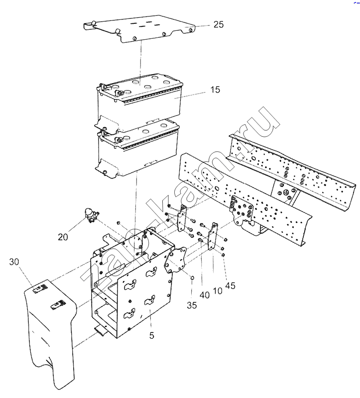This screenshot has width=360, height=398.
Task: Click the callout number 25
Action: coord(218,24)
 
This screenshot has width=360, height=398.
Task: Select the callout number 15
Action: coord(215,90)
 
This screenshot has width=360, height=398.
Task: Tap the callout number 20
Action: coord(63,237)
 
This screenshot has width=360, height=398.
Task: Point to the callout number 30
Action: coord(14,262)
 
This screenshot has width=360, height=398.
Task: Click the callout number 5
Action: coord(152,335)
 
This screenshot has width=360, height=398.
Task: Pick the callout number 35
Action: coord(192,305)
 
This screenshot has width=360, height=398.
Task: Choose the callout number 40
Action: coord(205,295)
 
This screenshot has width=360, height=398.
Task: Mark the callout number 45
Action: coord(230,286)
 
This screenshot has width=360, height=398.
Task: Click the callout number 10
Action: coord(218,291)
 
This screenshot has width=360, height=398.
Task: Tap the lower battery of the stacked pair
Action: coord(137,150)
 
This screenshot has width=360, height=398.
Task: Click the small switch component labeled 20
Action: coord(91,215)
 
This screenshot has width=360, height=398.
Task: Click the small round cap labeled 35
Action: coord(192,278)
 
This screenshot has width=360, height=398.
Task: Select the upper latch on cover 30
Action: coord(41,289)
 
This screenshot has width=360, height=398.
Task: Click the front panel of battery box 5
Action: coord(145,299)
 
